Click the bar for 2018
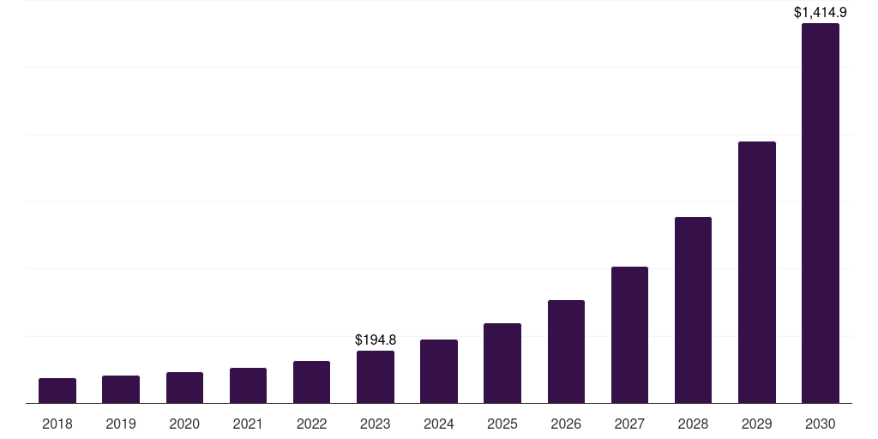(x=57, y=390)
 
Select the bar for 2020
(x=184, y=388)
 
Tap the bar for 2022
(x=311, y=382)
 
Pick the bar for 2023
(x=376, y=376)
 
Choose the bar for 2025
(x=502, y=363)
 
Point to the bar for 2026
(x=566, y=352)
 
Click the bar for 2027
(x=629, y=334)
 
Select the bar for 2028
(x=693, y=310)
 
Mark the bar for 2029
(x=757, y=272)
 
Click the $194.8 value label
(x=376, y=340)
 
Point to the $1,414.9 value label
(x=821, y=13)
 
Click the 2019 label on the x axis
(x=121, y=424)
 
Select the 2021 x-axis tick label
(x=248, y=424)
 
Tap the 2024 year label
(x=439, y=424)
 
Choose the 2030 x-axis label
(x=821, y=424)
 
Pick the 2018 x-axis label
(x=57, y=424)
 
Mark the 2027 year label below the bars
(x=629, y=424)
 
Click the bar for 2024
(x=439, y=371)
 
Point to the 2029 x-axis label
(x=757, y=424)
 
